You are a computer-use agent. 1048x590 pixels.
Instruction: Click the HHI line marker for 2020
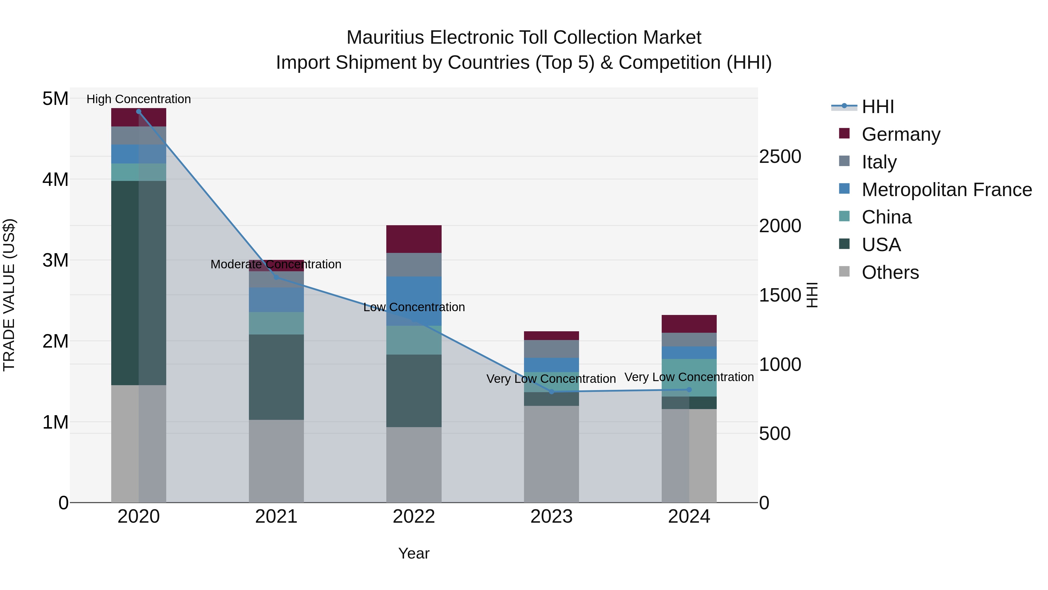tap(139, 112)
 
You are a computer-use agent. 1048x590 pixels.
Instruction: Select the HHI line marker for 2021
tap(276, 277)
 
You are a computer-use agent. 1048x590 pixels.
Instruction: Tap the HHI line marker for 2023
tap(552, 392)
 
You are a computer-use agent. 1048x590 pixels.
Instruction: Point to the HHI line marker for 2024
tap(689, 390)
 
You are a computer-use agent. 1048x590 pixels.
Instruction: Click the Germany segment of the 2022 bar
tap(414, 239)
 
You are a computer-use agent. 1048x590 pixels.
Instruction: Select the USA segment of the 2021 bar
tap(276, 377)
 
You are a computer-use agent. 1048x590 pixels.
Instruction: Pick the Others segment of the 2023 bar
tap(551, 454)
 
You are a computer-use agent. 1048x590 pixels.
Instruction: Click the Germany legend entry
tap(901, 134)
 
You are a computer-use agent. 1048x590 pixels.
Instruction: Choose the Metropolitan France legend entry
tap(946, 190)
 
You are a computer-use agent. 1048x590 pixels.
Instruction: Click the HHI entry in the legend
tap(877, 107)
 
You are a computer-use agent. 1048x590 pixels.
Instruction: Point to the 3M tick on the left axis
tap(55, 260)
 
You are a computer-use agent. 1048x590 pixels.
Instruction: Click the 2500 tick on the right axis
tap(780, 156)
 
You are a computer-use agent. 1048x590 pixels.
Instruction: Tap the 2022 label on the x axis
tap(414, 517)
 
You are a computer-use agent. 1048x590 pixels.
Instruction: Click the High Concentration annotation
tap(139, 99)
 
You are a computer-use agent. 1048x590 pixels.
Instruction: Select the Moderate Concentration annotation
tap(276, 264)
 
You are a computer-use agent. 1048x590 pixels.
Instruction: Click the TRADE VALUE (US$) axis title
tap(9, 295)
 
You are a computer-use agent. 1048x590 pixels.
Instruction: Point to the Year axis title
tap(414, 553)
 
